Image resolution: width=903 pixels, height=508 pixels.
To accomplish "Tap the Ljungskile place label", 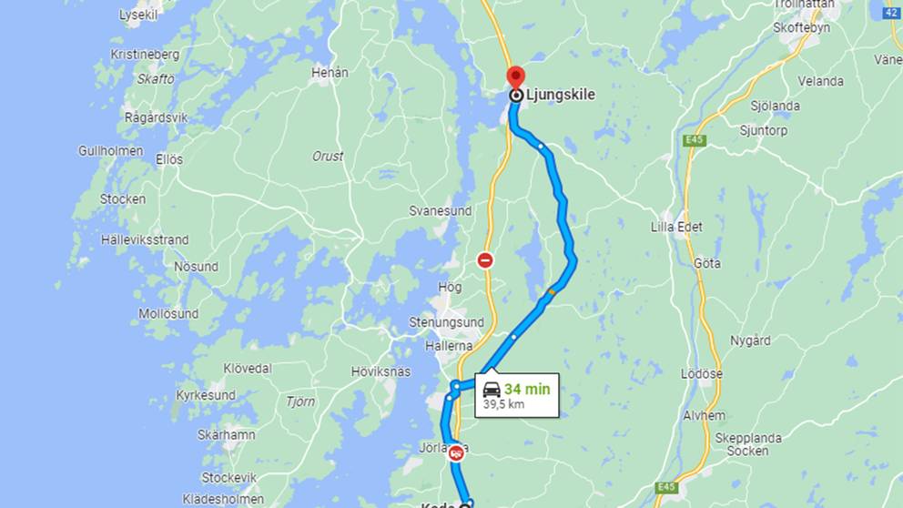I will (x=560, y=94).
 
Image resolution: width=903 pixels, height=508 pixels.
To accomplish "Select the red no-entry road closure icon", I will (x=486, y=260).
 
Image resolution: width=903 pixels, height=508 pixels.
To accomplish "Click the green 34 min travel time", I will (x=527, y=389).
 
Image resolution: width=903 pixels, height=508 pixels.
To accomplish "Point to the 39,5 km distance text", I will (x=503, y=403).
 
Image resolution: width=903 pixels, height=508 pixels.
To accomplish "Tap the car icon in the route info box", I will (x=492, y=389).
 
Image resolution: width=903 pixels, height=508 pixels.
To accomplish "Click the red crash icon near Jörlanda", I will (x=455, y=452).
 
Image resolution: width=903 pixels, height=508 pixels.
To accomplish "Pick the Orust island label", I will (x=328, y=156).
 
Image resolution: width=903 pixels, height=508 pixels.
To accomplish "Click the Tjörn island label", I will (x=300, y=401).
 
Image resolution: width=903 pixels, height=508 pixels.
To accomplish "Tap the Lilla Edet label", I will (x=676, y=227).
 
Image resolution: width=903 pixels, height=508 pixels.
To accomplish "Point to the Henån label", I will (x=330, y=72).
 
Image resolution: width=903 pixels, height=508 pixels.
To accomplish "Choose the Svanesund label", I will (x=441, y=210).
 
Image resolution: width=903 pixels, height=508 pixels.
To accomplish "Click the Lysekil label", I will (x=137, y=15).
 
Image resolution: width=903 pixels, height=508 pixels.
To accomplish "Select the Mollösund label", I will (x=168, y=314).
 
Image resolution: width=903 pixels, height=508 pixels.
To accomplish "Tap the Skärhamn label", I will (x=227, y=434).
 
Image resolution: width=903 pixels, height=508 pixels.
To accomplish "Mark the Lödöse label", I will (x=702, y=374).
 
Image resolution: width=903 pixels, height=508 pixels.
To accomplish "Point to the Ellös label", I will (x=169, y=159).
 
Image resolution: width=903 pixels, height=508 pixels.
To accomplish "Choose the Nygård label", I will (x=750, y=340).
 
